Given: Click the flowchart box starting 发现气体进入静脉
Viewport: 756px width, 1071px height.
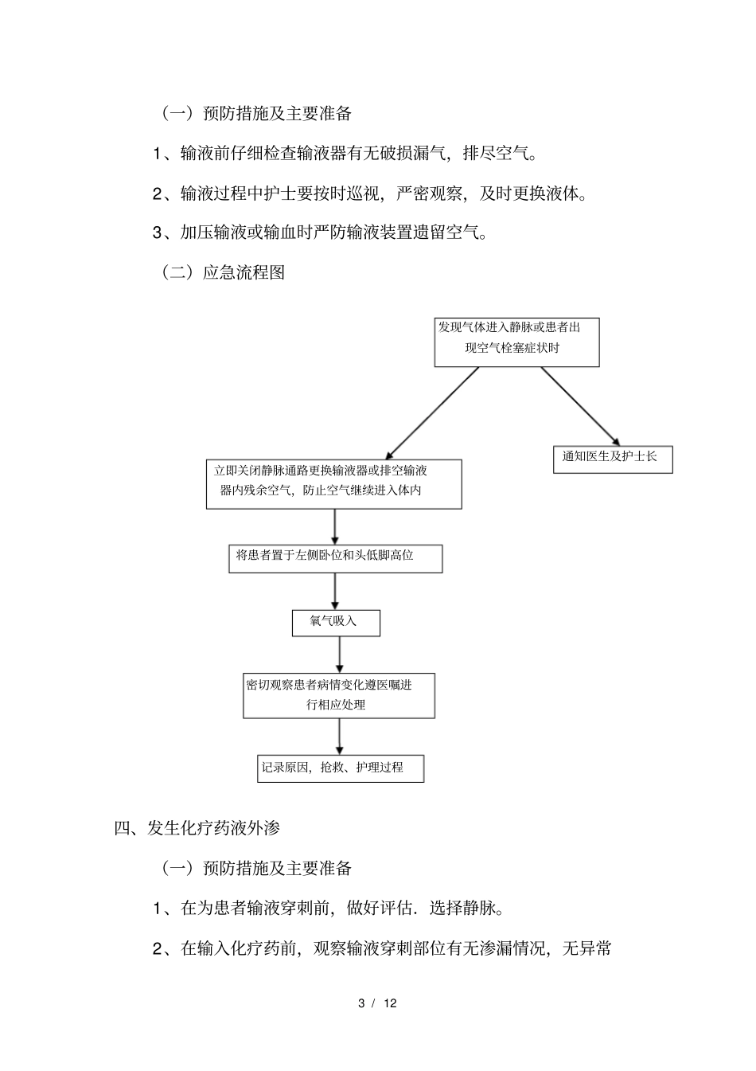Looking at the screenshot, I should pos(516,342).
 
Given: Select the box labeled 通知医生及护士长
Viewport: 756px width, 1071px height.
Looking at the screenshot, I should pos(613,459).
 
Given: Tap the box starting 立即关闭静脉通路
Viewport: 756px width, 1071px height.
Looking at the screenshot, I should pos(334,483).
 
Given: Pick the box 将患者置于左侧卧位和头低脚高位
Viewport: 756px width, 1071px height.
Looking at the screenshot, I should pos(335,558).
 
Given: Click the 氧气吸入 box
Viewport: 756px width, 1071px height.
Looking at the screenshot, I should pos(336,623).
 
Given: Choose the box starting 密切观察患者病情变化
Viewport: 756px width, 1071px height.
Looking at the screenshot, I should pos(339,695).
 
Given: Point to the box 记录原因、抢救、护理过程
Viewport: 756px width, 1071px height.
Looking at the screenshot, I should pos(341,768).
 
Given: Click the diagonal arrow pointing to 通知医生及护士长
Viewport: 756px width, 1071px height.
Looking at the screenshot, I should pos(579,406).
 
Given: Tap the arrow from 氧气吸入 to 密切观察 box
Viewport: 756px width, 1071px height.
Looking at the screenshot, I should pos(340,655).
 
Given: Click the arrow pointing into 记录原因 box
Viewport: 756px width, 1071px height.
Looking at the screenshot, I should pos(340,737).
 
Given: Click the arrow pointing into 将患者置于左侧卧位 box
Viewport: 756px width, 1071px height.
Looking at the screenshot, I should pos(335,526).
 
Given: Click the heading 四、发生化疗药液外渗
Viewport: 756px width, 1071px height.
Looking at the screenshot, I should pos(197,827).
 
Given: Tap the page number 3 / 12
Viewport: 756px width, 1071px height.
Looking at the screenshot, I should pos(378,1003).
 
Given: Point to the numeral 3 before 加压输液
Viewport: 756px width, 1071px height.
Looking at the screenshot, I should pos(158,233).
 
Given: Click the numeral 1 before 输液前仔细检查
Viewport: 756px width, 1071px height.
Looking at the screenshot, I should pos(158,153).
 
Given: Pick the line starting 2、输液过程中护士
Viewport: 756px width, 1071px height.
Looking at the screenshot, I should pos(371,193).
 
